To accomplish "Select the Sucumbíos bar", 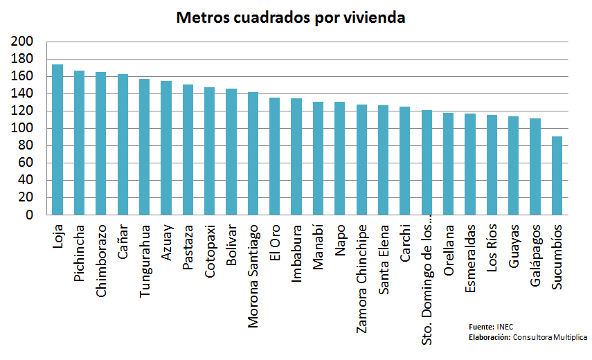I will [x=557, y=176].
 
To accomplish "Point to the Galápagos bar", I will [x=535, y=167].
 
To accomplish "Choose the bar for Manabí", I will [x=318, y=159].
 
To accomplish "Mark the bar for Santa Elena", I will [x=383, y=160].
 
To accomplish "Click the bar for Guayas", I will [x=514, y=165].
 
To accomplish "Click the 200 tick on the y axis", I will [x=23, y=42].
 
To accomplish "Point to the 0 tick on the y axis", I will [x=29, y=215].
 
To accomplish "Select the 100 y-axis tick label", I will [x=23, y=129].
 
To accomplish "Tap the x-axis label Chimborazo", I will [x=101, y=260].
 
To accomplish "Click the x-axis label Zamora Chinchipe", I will [x=361, y=278].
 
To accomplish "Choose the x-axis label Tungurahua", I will [x=145, y=260].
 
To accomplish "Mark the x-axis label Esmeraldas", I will [x=470, y=258].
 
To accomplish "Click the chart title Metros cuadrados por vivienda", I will [x=291, y=17].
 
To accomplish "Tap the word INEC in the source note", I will [x=505, y=326].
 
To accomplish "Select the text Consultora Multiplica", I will [x=550, y=337].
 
